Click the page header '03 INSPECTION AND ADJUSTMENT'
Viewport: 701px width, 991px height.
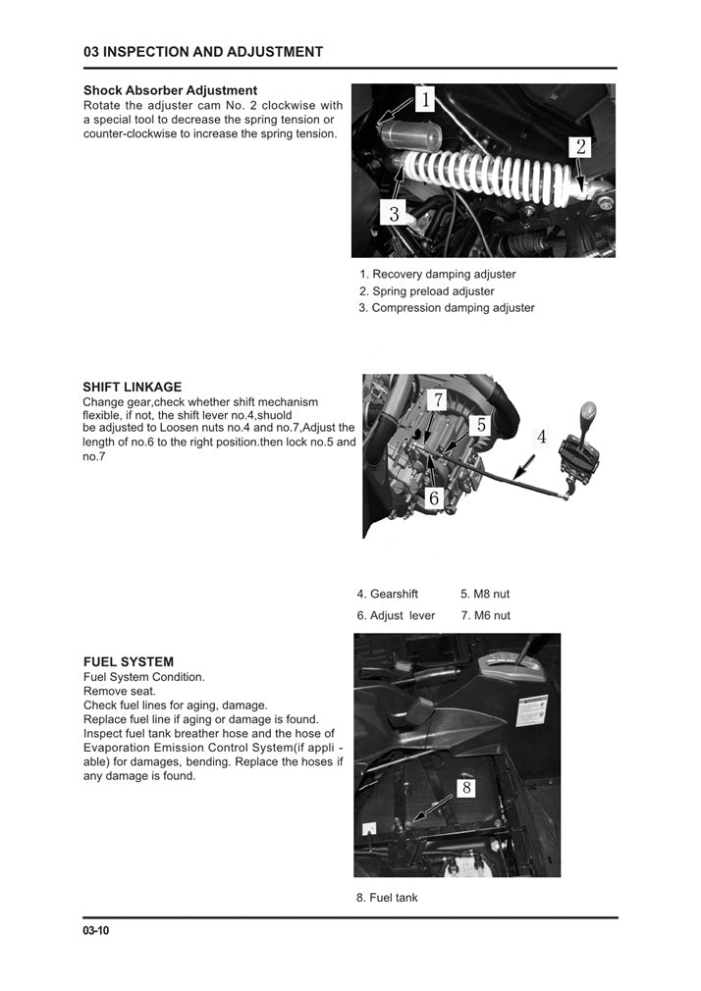pyautogui.click(x=203, y=52)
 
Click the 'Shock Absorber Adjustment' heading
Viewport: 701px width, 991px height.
pyautogui.click(x=170, y=90)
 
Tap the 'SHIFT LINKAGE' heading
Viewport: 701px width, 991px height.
pyautogui.click(x=132, y=388)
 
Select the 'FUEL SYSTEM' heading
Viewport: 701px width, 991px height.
pyautogui.click(x=128, y=662)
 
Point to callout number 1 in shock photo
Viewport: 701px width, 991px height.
pyautogui.click(x=425, y=100)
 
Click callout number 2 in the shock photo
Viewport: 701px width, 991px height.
pyautogui.click(x=580, y=147)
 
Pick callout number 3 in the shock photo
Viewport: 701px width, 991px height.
pyautogui.click(x=394, y=212)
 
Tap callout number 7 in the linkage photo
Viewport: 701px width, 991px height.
pyautogui.click(x=438, y=400)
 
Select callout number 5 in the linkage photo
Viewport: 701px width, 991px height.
pyautogui.click(x=480, y=425)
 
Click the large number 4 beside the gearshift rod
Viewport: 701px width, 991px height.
pyautogui.click(x=541, y=437)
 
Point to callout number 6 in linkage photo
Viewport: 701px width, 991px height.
pyautogui.click(x=434, y=498)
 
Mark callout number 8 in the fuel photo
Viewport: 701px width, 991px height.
pyautogui.click(x=466, y=788)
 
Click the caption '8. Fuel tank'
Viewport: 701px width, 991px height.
pyautogui.click(x=386, y=897)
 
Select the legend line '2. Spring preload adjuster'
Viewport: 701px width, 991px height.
pyautogui.click(x=426, y=291)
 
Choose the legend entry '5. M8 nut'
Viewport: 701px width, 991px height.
pyautogui.click(x=485, y=594)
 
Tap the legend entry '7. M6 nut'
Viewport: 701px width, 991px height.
pyautogui.click(x=485, y=615)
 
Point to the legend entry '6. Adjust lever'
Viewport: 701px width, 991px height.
pyautogui.click(x=396, y=615)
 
